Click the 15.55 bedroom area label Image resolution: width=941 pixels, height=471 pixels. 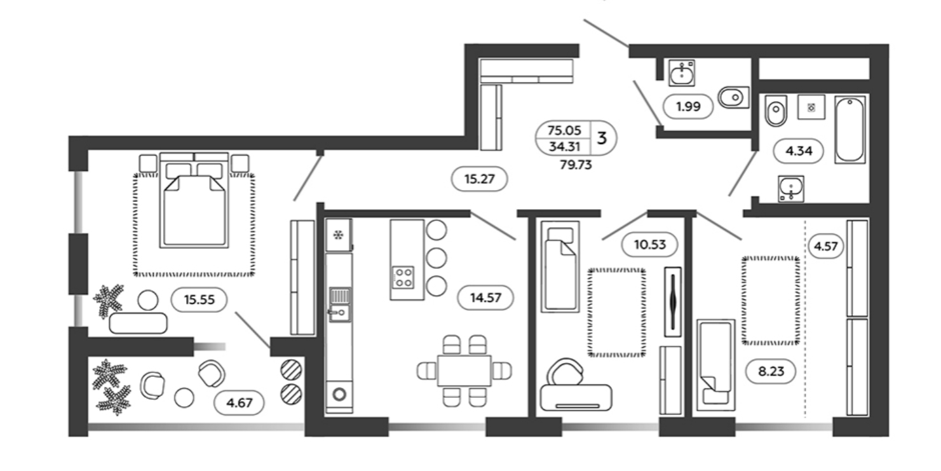199,299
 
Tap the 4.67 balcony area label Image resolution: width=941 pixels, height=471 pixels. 239,403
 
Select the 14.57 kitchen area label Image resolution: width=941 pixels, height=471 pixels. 485,298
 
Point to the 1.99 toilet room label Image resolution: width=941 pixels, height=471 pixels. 688,106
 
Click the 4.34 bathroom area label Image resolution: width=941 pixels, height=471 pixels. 799,151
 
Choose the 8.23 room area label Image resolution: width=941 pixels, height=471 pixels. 771,371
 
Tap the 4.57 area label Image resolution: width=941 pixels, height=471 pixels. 826,246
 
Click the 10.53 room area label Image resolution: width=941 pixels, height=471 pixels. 650,245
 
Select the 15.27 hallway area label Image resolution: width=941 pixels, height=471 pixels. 479,179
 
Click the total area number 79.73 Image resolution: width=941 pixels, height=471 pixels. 576,165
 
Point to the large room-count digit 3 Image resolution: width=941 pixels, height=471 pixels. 602,138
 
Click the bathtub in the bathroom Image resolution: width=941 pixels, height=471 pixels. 850,130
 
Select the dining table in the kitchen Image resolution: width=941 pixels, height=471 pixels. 464,371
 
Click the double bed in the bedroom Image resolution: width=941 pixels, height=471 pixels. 194,200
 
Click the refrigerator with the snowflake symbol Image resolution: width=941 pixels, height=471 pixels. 339,235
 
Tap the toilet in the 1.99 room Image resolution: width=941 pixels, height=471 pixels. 733,97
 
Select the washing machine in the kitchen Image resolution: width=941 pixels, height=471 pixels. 339,395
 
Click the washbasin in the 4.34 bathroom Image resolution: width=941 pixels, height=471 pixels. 791,189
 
